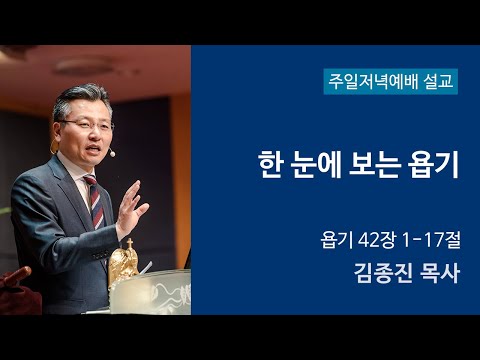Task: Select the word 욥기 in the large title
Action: coord(433,166)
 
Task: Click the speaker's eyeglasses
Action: coord(87,124)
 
